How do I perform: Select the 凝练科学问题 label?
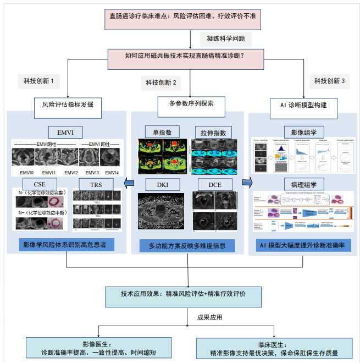(226, 39)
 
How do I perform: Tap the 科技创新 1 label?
(38, 81)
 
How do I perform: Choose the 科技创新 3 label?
(329, 81)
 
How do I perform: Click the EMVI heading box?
(66, 131)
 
